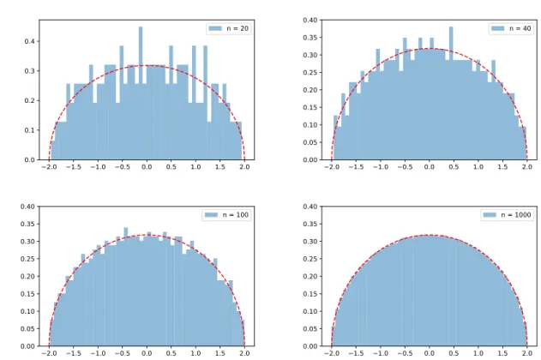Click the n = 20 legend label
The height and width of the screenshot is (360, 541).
point(237,28)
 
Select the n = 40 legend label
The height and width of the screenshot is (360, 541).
point(520,28)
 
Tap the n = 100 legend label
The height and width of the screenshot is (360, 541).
point(235,215)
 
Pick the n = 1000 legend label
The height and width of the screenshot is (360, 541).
point(516,215)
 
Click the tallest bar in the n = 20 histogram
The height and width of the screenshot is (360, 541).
point(141,93)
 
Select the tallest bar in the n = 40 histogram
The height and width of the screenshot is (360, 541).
point(451,93)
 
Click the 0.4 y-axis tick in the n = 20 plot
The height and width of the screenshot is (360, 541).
point(30,41)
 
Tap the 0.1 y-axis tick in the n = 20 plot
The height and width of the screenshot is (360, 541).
point(30,130)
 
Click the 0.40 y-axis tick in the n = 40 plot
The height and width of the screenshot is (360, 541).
point(310,20)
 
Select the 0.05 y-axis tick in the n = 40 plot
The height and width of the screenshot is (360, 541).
point(310,142)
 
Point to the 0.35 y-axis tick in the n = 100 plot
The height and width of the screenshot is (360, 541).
point(27,224)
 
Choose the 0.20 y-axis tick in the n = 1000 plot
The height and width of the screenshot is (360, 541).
point(310,277)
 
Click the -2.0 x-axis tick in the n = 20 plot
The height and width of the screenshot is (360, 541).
point(48,167)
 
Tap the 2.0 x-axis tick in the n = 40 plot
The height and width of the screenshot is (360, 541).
point(527,167)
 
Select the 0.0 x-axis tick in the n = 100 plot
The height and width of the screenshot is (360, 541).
point(147,353)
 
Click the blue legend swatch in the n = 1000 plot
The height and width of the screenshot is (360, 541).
point(490,215)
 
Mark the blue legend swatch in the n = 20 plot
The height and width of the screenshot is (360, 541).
point(215,28)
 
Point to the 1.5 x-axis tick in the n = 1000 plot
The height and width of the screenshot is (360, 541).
point(502,353)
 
